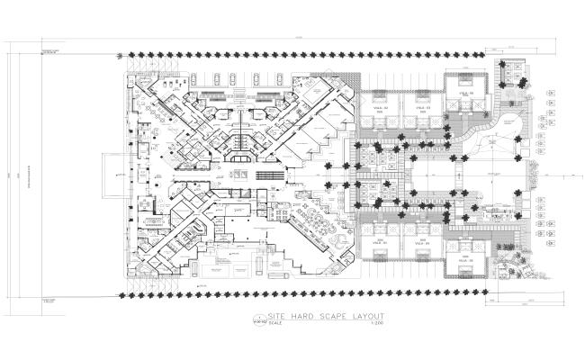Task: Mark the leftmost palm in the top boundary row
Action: click(x=124, y=55)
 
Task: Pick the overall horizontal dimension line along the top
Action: click(x=297, y=38)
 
